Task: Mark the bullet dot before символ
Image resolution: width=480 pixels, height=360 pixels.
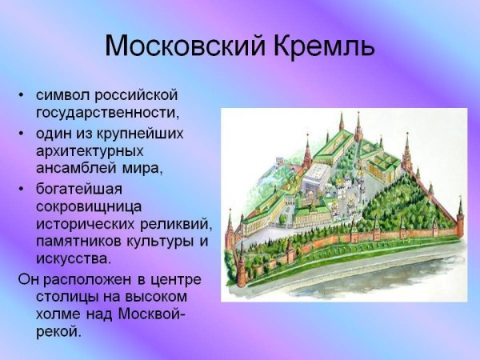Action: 22,97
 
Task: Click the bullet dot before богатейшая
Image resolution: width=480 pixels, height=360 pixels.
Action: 22,189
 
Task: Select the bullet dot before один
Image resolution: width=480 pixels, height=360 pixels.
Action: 22,134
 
